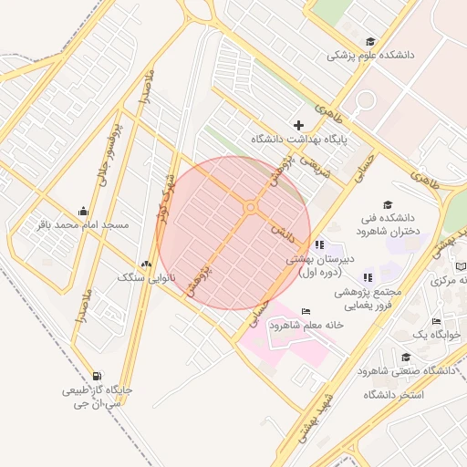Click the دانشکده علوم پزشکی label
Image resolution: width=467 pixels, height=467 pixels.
pos(371,56)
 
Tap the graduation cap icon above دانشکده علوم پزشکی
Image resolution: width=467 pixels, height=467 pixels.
pos(370,41)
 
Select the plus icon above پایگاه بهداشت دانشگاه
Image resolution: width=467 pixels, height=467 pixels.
pos(298,125)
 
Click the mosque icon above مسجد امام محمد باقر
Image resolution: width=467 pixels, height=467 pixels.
pos(84,211)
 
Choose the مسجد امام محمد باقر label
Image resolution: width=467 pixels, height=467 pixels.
pos(82,224)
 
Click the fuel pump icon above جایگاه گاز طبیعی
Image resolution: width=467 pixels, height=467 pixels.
pos(97,375)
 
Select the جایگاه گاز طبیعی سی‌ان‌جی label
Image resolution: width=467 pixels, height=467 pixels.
pos(97,396)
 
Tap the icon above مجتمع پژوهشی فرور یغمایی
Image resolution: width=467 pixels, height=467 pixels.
pos(368,277)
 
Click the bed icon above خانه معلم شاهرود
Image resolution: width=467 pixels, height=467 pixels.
pos(305,312)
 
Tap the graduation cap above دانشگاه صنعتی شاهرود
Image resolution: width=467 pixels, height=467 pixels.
pos(406,357)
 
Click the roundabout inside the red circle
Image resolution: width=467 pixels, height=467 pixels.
pos(250,208)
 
